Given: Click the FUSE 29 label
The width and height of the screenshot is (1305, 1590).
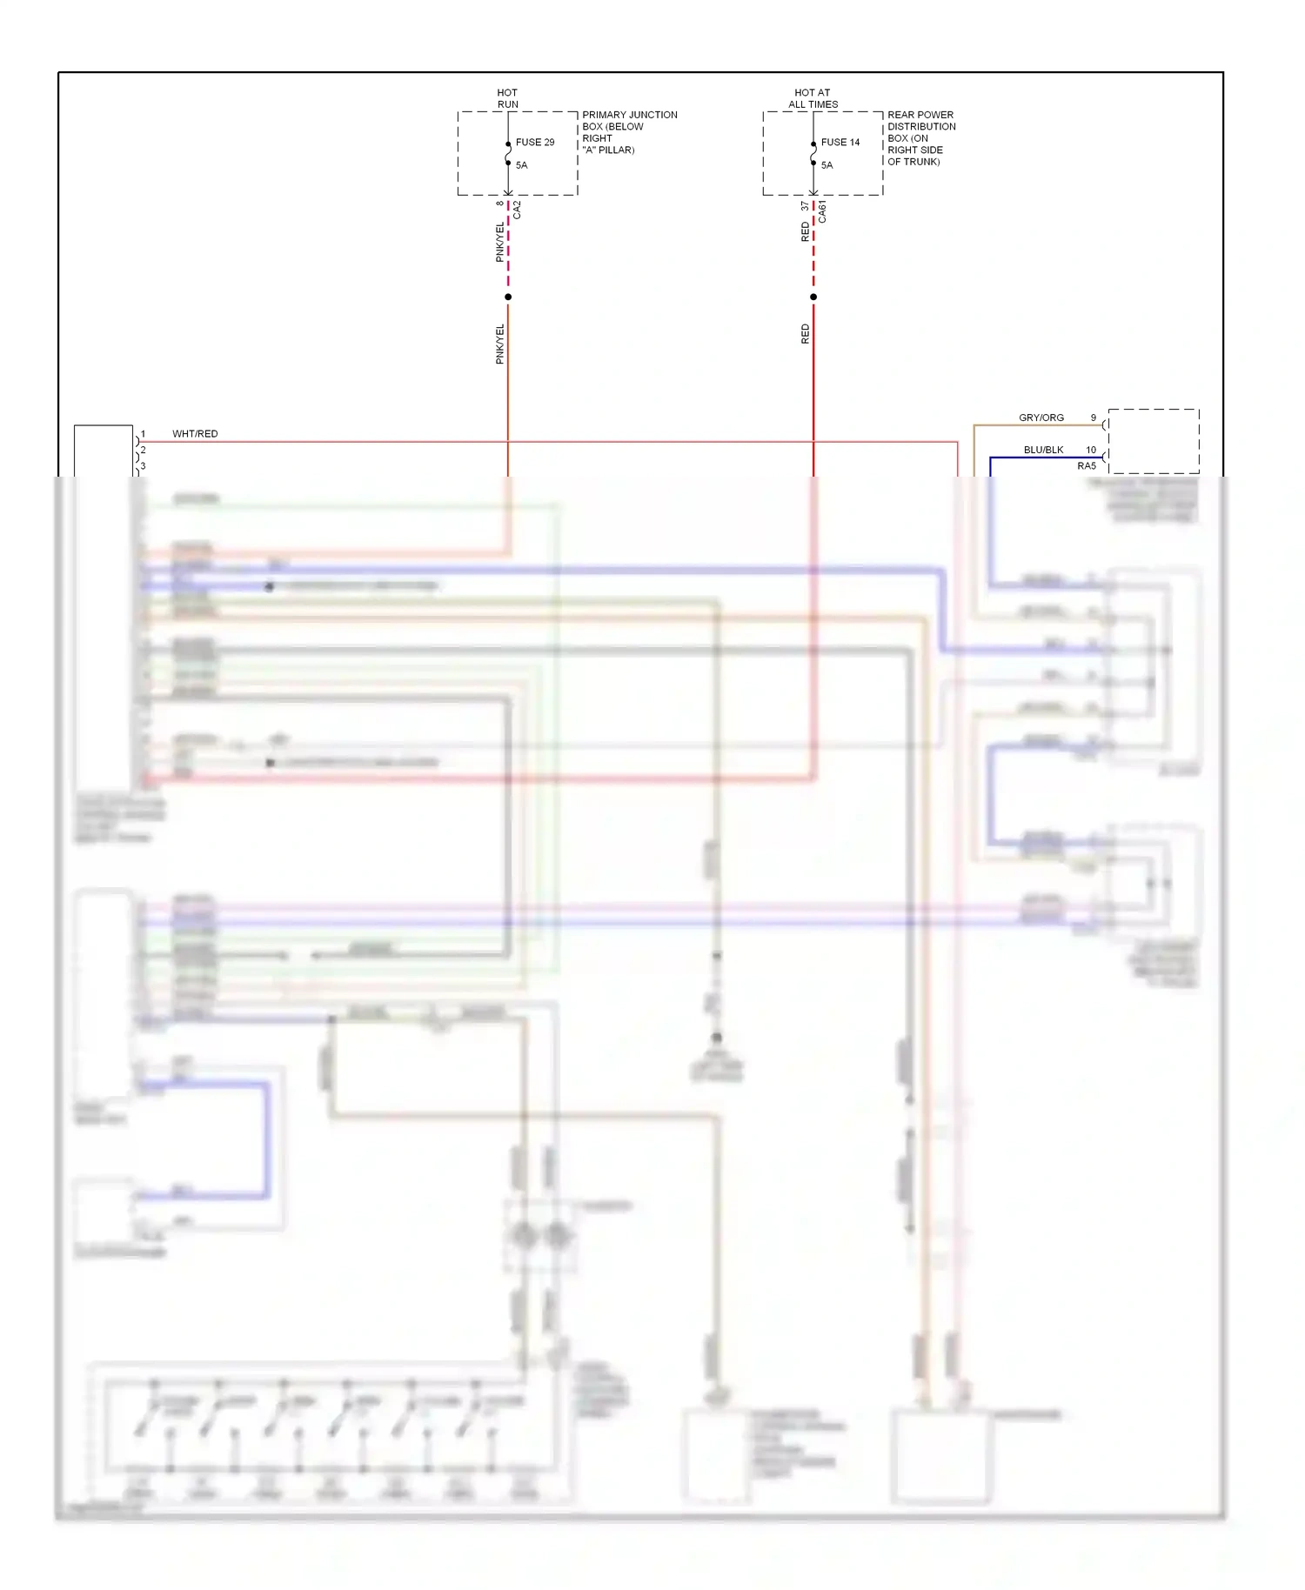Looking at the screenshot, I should (534, 142).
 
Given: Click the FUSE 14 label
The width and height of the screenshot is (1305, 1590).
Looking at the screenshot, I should (840, 142).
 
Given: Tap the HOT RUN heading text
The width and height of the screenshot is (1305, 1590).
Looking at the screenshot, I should (507, 98).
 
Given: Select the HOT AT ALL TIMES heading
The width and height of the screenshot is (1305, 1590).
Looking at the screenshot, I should (813, 98).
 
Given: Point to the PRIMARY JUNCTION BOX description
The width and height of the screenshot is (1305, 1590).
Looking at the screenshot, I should (629, 132).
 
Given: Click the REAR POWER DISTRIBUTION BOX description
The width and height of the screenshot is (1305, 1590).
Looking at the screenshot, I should (920, 137).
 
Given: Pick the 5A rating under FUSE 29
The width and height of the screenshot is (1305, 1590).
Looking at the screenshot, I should (521, 165).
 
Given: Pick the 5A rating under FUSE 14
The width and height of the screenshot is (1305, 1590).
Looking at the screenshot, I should (826, 165).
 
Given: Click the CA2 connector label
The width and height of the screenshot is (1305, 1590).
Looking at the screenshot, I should (517, 210).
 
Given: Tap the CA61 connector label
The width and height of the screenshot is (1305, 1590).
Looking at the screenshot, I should (822, 212).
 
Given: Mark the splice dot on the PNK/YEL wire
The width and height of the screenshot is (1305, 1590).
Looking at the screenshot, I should (508, 297).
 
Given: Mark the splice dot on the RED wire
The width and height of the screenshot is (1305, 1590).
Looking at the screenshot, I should (813, 297).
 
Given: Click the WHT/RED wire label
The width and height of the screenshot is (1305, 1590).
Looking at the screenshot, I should (195, 434).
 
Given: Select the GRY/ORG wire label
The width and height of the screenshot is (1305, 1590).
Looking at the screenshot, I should (1041, 418).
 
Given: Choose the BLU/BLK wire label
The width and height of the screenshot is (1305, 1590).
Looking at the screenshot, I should (1043, 450).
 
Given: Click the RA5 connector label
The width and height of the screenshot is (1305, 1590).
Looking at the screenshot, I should (1087, 466).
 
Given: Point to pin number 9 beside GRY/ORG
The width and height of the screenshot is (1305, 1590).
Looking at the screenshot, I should (1094, 418).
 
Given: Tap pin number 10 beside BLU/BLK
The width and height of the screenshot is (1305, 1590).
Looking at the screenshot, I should (1091, 450).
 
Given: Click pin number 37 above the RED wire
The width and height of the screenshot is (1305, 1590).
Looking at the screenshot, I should (805, 206).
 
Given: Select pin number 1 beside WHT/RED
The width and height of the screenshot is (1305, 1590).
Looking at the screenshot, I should (144, 434).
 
